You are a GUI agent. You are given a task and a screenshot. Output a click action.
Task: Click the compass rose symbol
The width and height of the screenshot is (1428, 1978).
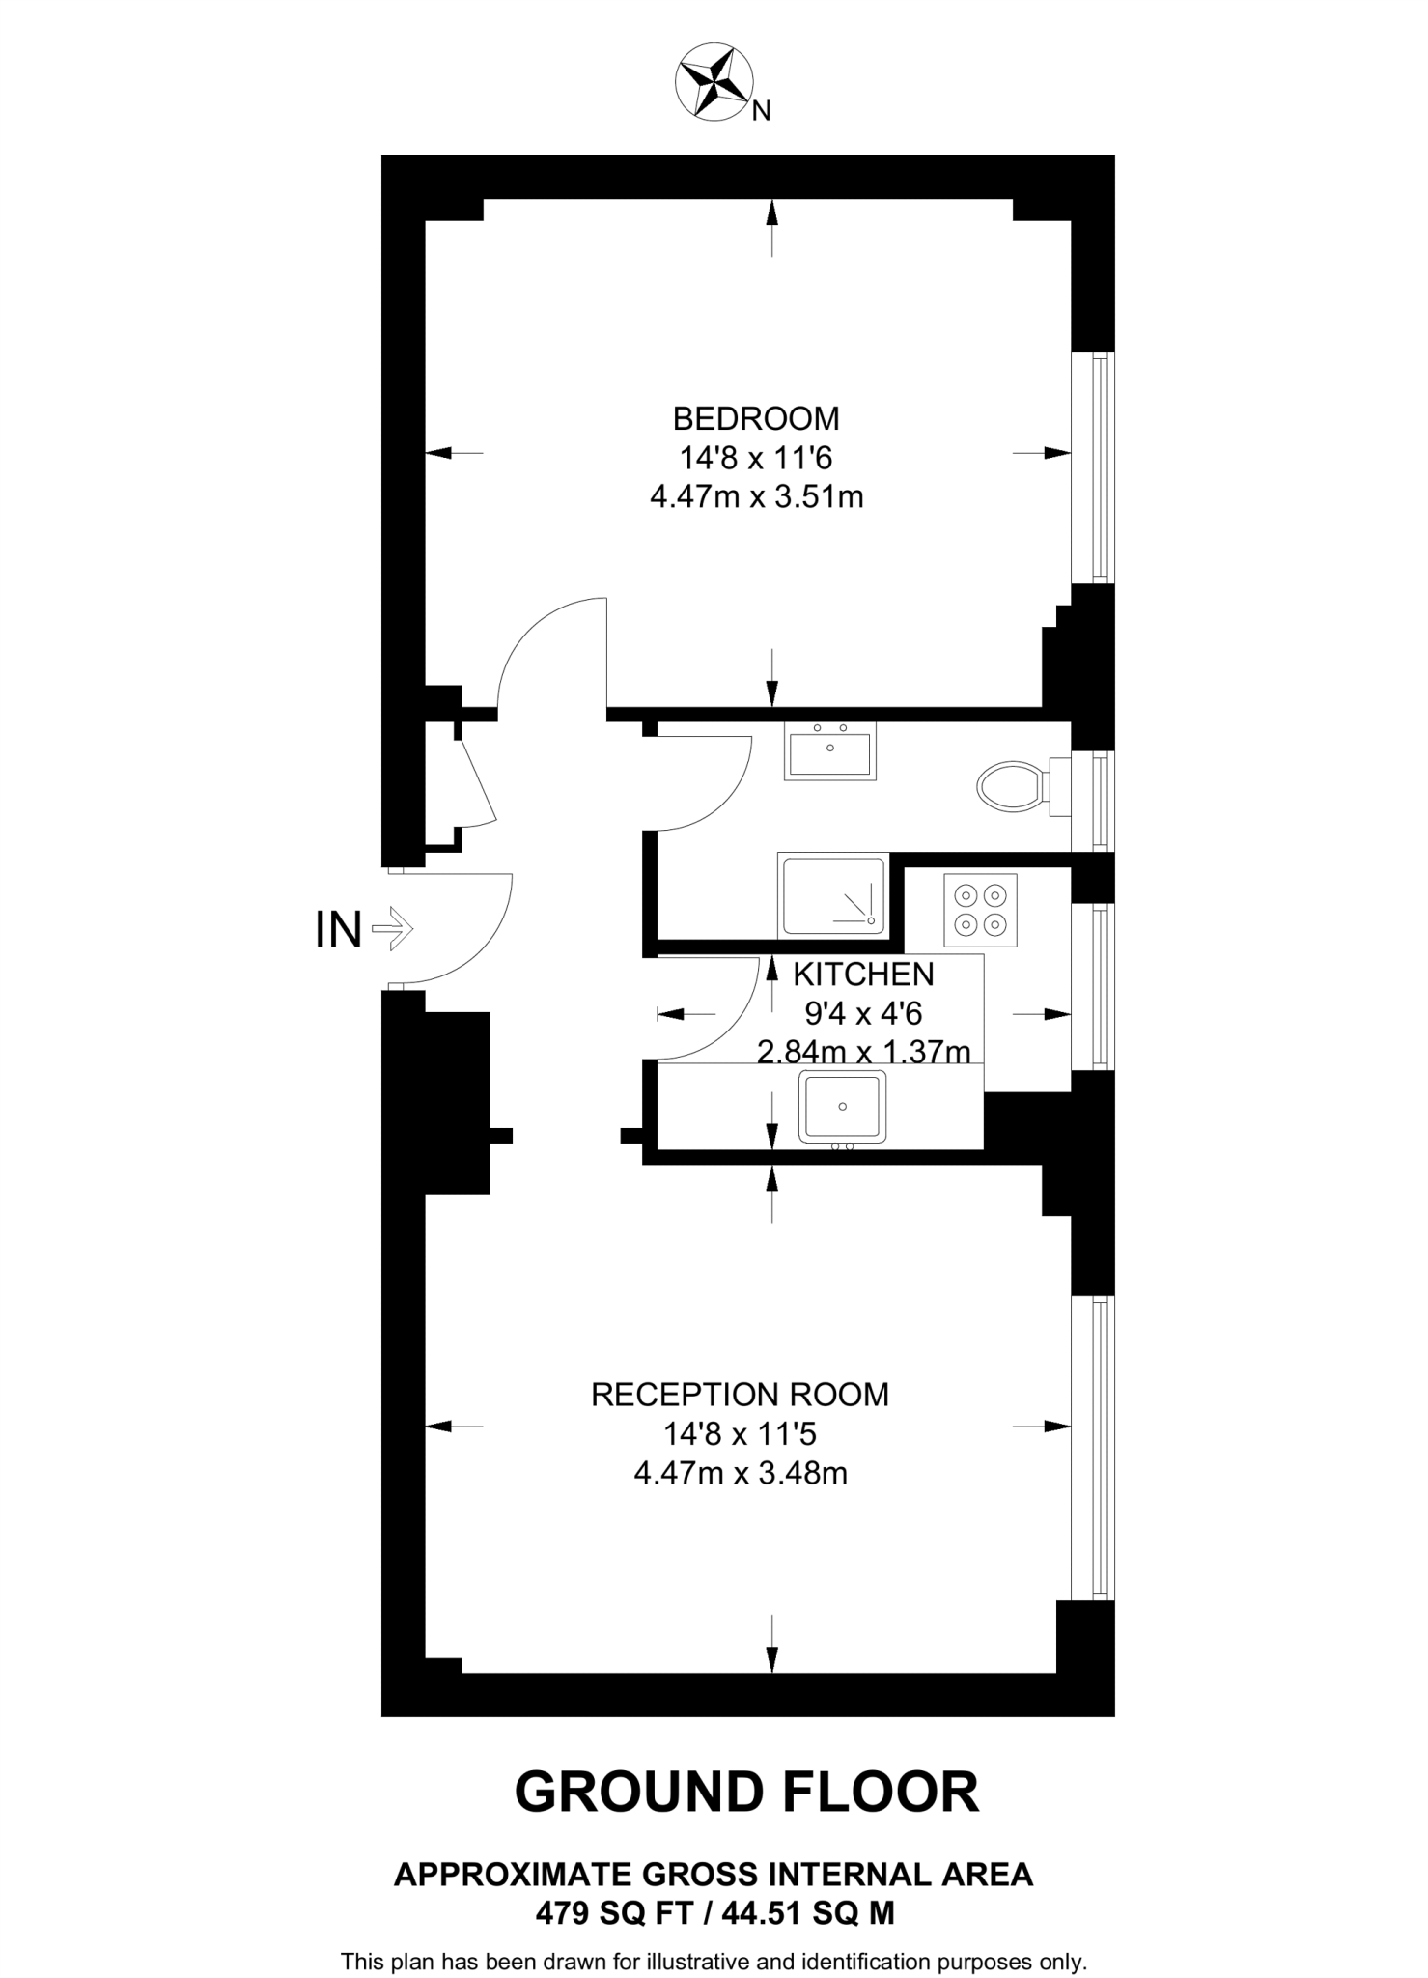714,84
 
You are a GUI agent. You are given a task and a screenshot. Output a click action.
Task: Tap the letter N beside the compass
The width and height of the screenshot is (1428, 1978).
761,112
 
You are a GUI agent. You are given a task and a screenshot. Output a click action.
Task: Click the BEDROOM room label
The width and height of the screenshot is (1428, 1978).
756,418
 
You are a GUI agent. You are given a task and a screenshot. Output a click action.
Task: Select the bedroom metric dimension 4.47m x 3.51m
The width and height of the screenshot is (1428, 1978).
756,497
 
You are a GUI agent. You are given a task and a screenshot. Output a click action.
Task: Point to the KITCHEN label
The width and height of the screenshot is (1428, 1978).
863,975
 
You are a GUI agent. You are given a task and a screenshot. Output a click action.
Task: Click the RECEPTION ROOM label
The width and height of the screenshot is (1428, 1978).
740,1395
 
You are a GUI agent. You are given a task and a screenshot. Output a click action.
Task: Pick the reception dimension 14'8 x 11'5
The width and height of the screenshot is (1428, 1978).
740,1434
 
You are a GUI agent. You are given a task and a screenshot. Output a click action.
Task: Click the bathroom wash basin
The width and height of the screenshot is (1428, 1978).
830,751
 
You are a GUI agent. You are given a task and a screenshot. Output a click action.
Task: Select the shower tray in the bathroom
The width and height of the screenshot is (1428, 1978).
832,895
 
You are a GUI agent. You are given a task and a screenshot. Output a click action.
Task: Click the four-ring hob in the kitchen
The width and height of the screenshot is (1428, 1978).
980,910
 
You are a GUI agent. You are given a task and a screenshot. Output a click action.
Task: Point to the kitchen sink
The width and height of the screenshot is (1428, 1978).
841,1107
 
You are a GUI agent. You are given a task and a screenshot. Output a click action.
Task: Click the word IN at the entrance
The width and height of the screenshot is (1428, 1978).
338,930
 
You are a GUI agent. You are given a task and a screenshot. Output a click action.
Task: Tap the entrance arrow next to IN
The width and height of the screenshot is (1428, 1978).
392,930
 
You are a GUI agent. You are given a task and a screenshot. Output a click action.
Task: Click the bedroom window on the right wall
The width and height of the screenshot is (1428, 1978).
1094,467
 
